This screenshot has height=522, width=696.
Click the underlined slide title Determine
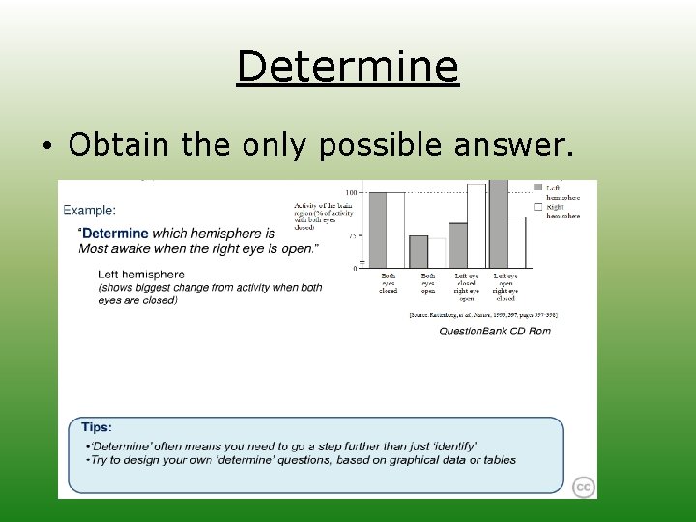click(x=347, y=67)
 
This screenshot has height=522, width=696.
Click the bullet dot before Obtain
click(x=46, y=146)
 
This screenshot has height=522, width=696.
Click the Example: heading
click(x=90, y=209)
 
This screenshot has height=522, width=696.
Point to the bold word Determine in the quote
click(x=115, y=233)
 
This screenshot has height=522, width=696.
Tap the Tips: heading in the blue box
click(x=97, y=427)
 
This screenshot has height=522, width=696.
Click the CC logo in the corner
click(x=582, y=486)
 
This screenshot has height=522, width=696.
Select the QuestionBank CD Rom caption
click(x=494, y=332)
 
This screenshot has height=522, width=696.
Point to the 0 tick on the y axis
click(x=354, y=268)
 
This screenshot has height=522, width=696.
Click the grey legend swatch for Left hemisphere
click(x=538, y=188)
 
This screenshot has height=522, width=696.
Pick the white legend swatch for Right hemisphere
click(x=538, y=206)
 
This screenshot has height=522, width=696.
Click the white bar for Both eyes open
click(x=437, y=252)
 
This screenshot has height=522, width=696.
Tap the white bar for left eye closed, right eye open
click(x=477, y=225)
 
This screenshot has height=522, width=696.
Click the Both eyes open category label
click(x=427, y=282)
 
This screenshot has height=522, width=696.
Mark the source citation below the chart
click(x=483, y=315)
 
